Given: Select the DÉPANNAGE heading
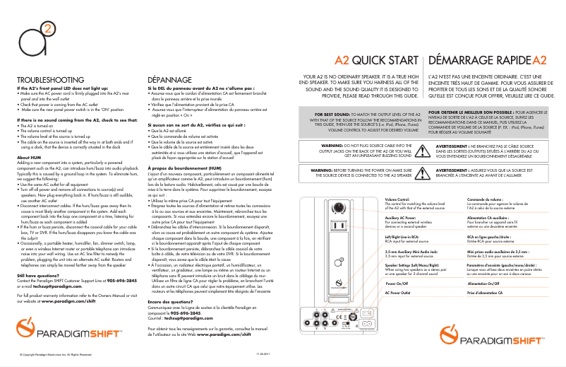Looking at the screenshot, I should (169, 80).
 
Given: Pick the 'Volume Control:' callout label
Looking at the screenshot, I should (401, 201).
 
